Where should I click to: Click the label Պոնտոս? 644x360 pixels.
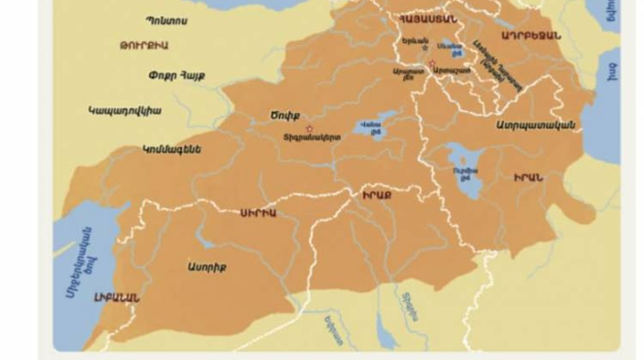167,20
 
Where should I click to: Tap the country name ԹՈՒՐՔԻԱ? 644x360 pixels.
143,44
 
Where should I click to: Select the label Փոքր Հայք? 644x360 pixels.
177,75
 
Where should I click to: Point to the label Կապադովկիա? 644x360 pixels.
124,111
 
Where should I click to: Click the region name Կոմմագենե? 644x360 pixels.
172,148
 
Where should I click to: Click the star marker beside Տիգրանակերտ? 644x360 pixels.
309,129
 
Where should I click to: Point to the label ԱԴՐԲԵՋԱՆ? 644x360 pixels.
530,35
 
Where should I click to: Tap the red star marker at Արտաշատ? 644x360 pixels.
431,63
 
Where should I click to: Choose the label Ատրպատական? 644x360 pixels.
535,125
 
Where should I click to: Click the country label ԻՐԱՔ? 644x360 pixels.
376,194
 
